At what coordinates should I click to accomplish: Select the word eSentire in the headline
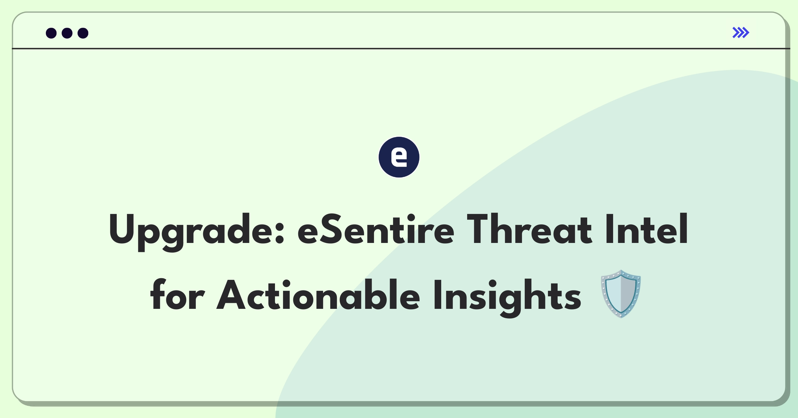(376, 229)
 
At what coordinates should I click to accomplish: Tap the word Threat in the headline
(530, 229)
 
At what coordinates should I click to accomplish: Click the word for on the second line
(177, 295)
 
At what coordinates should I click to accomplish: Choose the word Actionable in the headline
(318, 295)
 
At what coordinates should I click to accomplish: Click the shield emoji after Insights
(621, 294)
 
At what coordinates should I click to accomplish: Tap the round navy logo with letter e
(399, 157)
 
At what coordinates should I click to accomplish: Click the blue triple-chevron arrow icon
(741, 33)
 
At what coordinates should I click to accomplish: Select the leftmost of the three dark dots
(51, 33)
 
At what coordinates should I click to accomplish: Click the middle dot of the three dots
(67, 33)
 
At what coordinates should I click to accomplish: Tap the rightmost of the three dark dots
(83, 33)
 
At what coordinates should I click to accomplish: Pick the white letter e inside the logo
(399, 157)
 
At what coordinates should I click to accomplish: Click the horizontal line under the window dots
(401, 49)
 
